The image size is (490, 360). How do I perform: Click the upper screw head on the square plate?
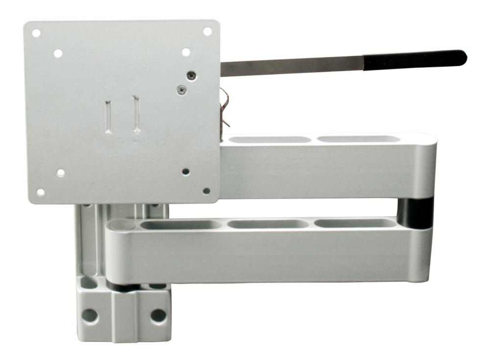(x=191, y=75)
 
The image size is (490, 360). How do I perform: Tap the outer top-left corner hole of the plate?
(x=36, y=33)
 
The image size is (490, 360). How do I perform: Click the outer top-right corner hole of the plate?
(x=207, y=31)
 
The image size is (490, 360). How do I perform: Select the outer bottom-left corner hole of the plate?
(x=41, y=192)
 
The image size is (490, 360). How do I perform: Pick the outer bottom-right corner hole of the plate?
(x=206, y=191)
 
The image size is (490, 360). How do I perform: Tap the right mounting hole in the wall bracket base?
(x=158, y=315)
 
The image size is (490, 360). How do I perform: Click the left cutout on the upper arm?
(x=270, y=140)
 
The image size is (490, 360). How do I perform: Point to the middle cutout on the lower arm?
(x=269, y=224)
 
